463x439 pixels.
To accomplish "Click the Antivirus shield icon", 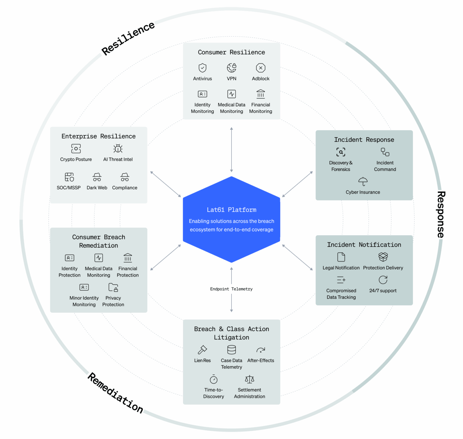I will click(202, 68).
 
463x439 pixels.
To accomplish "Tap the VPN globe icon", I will click(231, 68).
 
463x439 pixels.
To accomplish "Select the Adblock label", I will click(260, 79).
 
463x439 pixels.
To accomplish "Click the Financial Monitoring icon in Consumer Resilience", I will click(260, 94).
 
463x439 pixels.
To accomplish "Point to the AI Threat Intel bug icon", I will click(118, 149).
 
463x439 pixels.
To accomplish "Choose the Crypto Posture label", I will click(76, 159).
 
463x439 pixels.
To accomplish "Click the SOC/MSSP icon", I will click(69, 177).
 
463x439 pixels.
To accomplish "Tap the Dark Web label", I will click(97, 188).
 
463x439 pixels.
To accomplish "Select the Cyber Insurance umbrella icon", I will click(363, 181).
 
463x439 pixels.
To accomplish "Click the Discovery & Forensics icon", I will click(341, 152).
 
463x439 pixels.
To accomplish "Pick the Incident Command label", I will click(385, 166).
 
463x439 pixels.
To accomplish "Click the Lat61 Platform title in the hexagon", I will click(231, 210).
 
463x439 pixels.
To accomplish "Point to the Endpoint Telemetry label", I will click(231, 289).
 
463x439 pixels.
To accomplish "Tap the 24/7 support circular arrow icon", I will click(383, 280).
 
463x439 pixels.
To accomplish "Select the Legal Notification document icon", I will click(341, 257).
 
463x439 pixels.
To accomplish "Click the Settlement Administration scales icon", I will click(249, 379).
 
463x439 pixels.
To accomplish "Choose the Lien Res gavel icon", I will click(202, 350).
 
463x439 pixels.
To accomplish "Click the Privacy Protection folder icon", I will click(113, 287).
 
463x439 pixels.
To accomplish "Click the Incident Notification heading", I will click(364, 245).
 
